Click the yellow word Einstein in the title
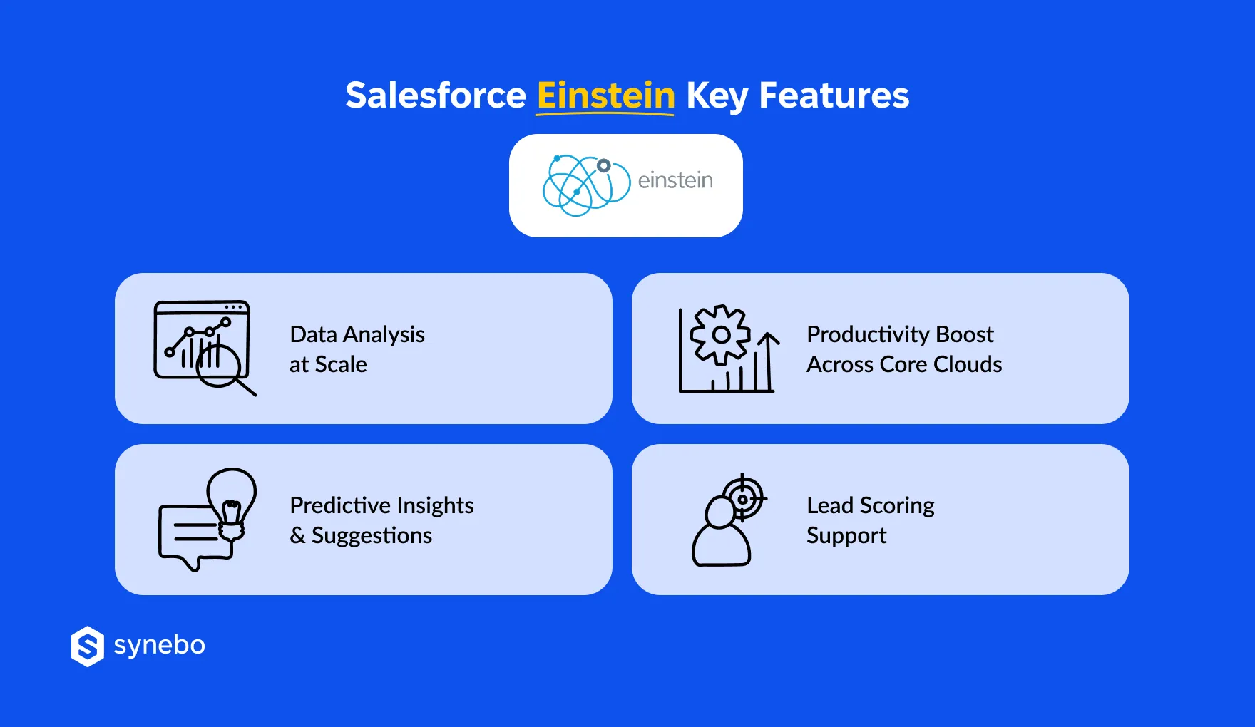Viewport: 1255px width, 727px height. pos(605,96)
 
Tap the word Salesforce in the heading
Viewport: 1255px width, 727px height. pos(436,96)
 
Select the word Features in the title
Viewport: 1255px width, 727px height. pos(834,96)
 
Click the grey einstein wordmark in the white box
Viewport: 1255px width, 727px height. pos(675,181)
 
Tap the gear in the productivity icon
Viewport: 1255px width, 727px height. pos(721,334)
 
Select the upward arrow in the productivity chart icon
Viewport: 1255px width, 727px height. pos(768,360)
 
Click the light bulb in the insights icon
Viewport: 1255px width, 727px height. pos(232,499)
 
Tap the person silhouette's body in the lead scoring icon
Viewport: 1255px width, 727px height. pos(721,546)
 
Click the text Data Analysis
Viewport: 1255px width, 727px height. pos(357,334)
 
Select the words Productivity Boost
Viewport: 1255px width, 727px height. pos(900,334)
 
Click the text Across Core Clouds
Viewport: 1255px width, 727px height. pos(904,364)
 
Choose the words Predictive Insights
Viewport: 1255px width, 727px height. pos(381,505)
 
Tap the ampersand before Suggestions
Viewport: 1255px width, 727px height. pos(297,535)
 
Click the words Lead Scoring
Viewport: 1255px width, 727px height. pos(870,505)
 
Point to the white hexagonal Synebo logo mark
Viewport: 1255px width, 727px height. pos(88,646)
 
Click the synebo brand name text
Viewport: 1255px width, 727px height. pos(160,645)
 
